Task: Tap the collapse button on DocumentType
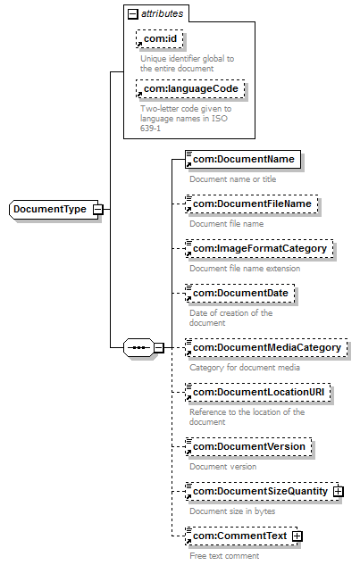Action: [97, 210]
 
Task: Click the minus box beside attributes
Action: [133, 14]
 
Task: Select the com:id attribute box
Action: [160, 39]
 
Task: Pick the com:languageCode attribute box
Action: [190, 89]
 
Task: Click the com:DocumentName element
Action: [243, 159]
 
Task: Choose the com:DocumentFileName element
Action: [252, 204]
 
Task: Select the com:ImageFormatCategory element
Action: [259, 249]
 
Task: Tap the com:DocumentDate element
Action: [240, 294]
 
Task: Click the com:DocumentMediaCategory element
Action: [266, 348]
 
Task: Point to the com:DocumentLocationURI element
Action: [258, 393]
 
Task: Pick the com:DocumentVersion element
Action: [248, 447]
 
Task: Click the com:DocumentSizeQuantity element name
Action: [260, 491]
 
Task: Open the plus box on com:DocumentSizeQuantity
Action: [338, 492]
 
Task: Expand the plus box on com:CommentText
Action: [297, 536]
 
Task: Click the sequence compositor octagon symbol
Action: [138, 348]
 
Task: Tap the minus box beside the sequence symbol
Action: [159, 348]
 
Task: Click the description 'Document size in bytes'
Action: [232, 511]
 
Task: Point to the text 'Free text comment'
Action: [224, 556]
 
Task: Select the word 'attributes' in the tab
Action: [162, 13]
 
